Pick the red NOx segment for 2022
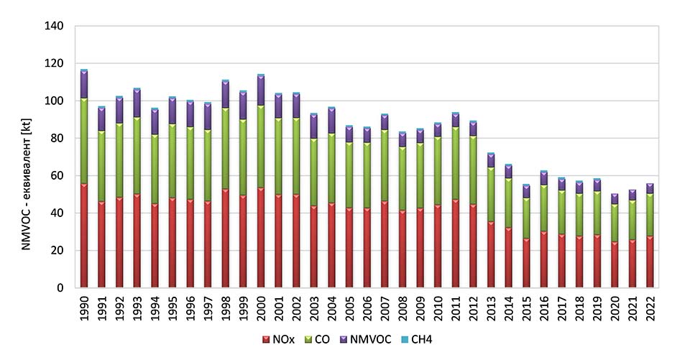[650, 262]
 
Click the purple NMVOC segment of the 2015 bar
[525, 191]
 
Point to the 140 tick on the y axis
[55, 26]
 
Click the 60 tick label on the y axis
[57, 175]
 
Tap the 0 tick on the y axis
[60, 288]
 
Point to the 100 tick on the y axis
[55, 101]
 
